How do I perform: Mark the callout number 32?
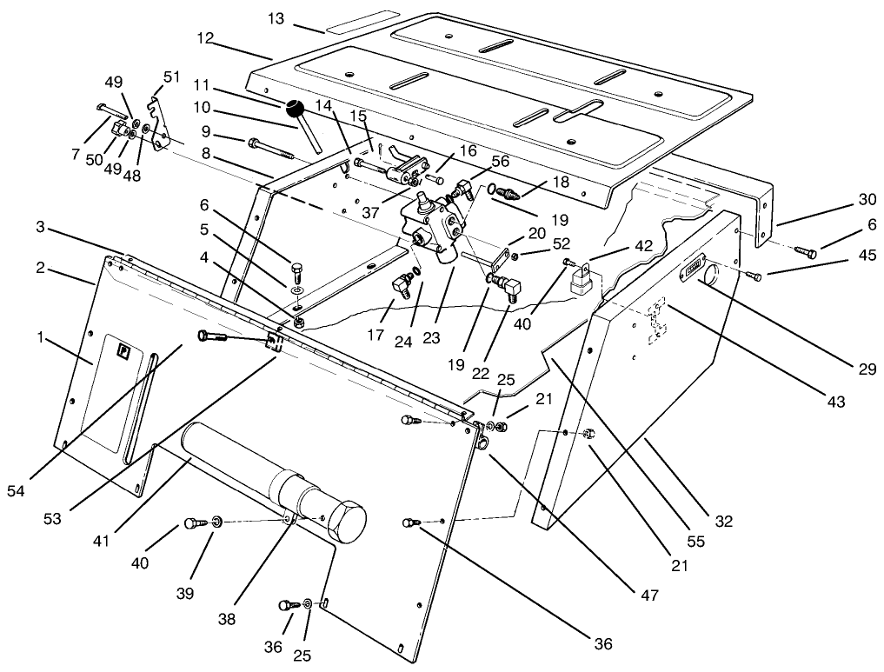tap(724, 522)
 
